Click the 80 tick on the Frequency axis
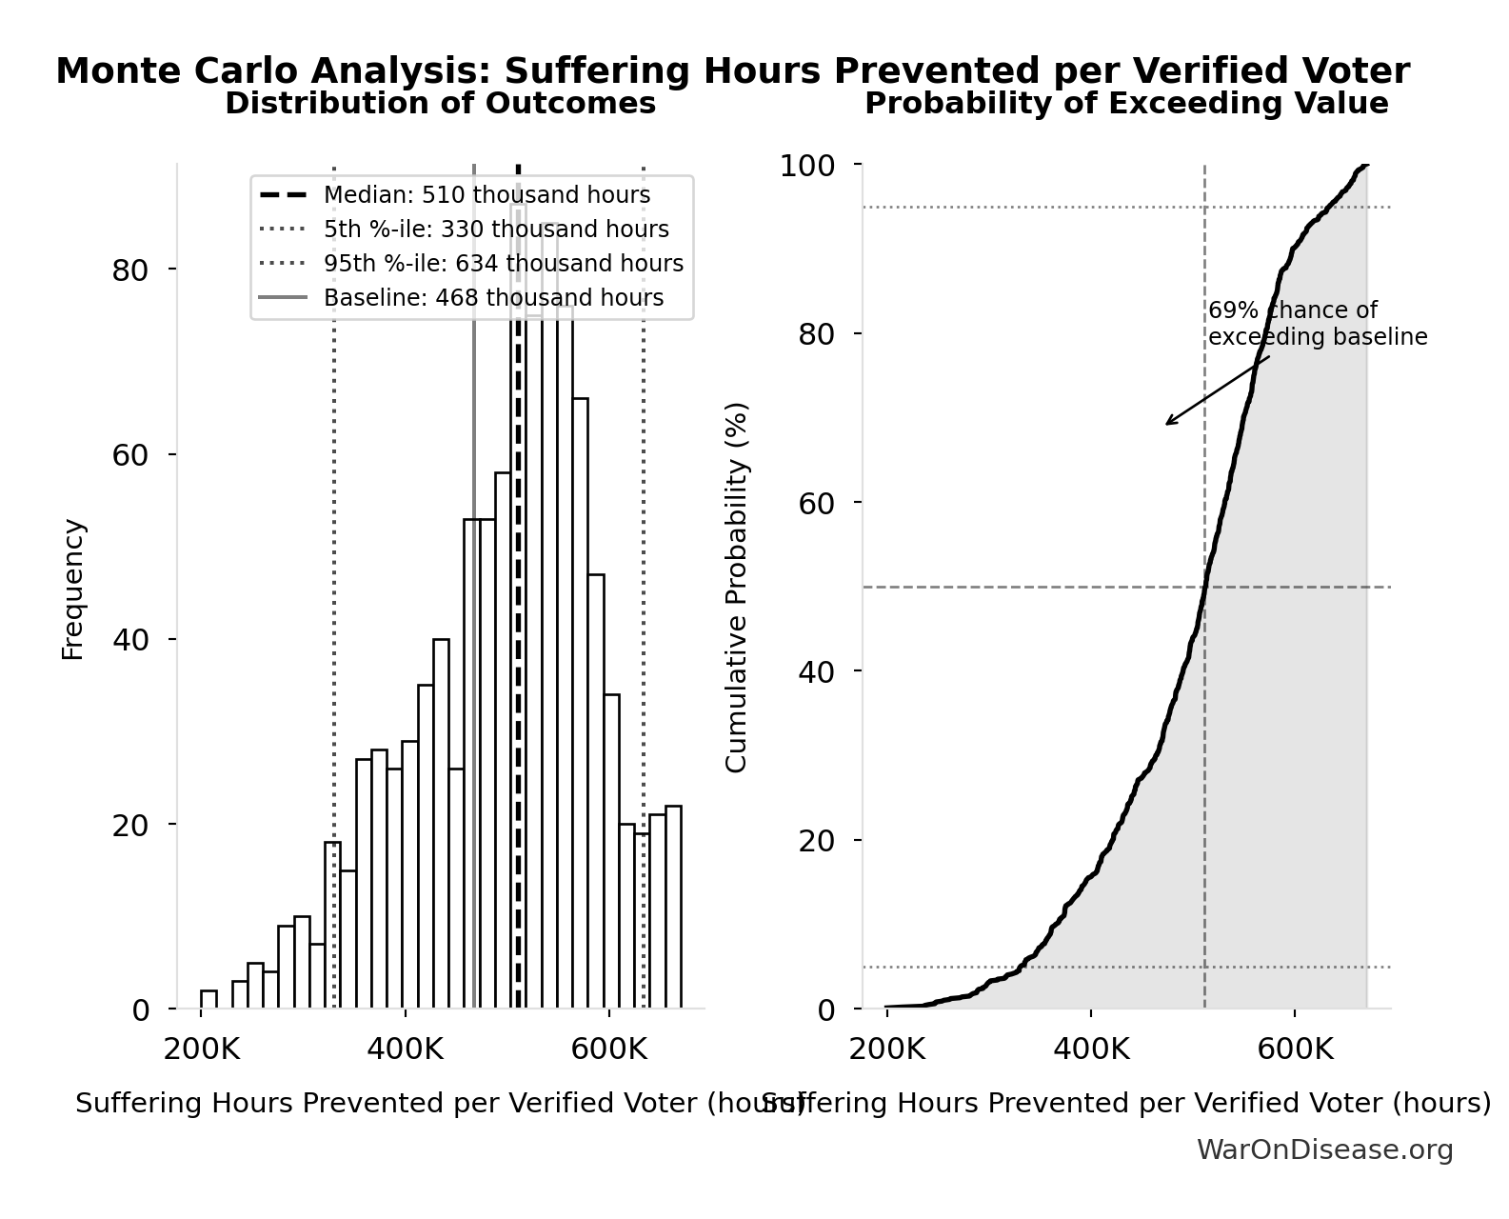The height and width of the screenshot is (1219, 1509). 130,270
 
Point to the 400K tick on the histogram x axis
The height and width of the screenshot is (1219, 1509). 404,1049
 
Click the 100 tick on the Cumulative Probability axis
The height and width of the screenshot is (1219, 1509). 807,166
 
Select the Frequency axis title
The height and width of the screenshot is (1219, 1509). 73,589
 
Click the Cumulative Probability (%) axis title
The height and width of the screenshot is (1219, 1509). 737,587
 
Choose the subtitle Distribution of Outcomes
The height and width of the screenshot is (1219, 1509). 440,104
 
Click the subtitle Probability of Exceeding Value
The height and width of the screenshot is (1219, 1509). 1126,104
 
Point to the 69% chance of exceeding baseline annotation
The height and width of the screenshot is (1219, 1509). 1318,324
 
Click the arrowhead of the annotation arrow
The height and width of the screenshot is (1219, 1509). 1168,424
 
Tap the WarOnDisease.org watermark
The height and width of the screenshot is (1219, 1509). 1324,1150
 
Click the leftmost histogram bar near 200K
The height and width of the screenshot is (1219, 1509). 208,1000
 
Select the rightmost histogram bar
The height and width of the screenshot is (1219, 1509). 673,907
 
